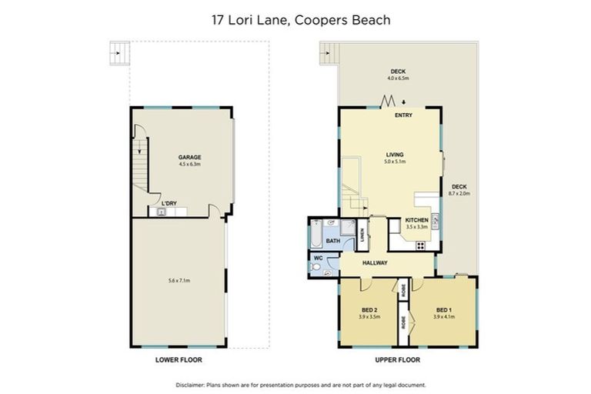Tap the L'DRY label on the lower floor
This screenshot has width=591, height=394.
pyautogui.click(x=169, y=203)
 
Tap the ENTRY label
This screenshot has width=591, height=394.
pyautogui.click(x=403, y=115)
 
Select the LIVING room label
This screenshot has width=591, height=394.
pyautogui.click(x=395, y=155)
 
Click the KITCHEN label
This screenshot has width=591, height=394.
pyautogui.click(x=416, y=220)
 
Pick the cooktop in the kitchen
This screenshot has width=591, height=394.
pyautogui.click(x=421, y=245)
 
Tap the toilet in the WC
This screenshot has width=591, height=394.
pyautogui.click(x=315, y=266)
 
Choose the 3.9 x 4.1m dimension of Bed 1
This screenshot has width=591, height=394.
pyautogui.click(x=444, y=316)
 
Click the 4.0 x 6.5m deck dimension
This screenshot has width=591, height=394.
pyautogui.click(x=398, y=78)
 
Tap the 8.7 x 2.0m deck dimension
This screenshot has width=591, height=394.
pyautogui.click(x=459, y=193)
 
